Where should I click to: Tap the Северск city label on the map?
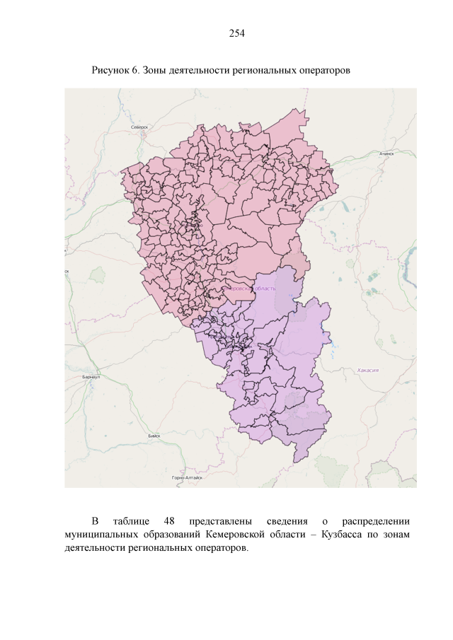[x=140, y=127]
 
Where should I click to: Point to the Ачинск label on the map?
[x=386, y=153]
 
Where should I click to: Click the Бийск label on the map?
[x=154, y=436]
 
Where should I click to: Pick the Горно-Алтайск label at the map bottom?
[x=187, y=478]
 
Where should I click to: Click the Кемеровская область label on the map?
[x=249, y=289]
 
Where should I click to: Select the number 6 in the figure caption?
[x=134, y=71]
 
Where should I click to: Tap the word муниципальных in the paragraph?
[x=99, y=535]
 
